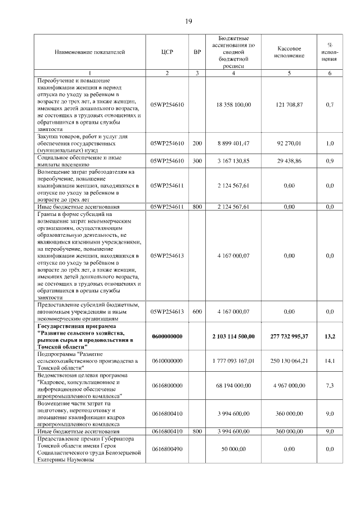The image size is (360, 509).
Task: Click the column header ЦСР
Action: tap(167, 52)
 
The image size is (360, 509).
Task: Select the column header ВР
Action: tap(197, 52)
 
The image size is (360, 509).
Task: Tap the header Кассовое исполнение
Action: tap(289, 52)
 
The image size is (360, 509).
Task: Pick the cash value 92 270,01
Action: tap(290, 143)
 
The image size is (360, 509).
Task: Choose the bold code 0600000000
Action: tap(167, 336)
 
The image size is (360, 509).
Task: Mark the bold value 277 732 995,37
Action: tap(290, 336)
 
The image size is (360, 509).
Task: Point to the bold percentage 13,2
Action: tap(330, 336)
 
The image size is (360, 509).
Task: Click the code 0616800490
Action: tap(167, 449)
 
